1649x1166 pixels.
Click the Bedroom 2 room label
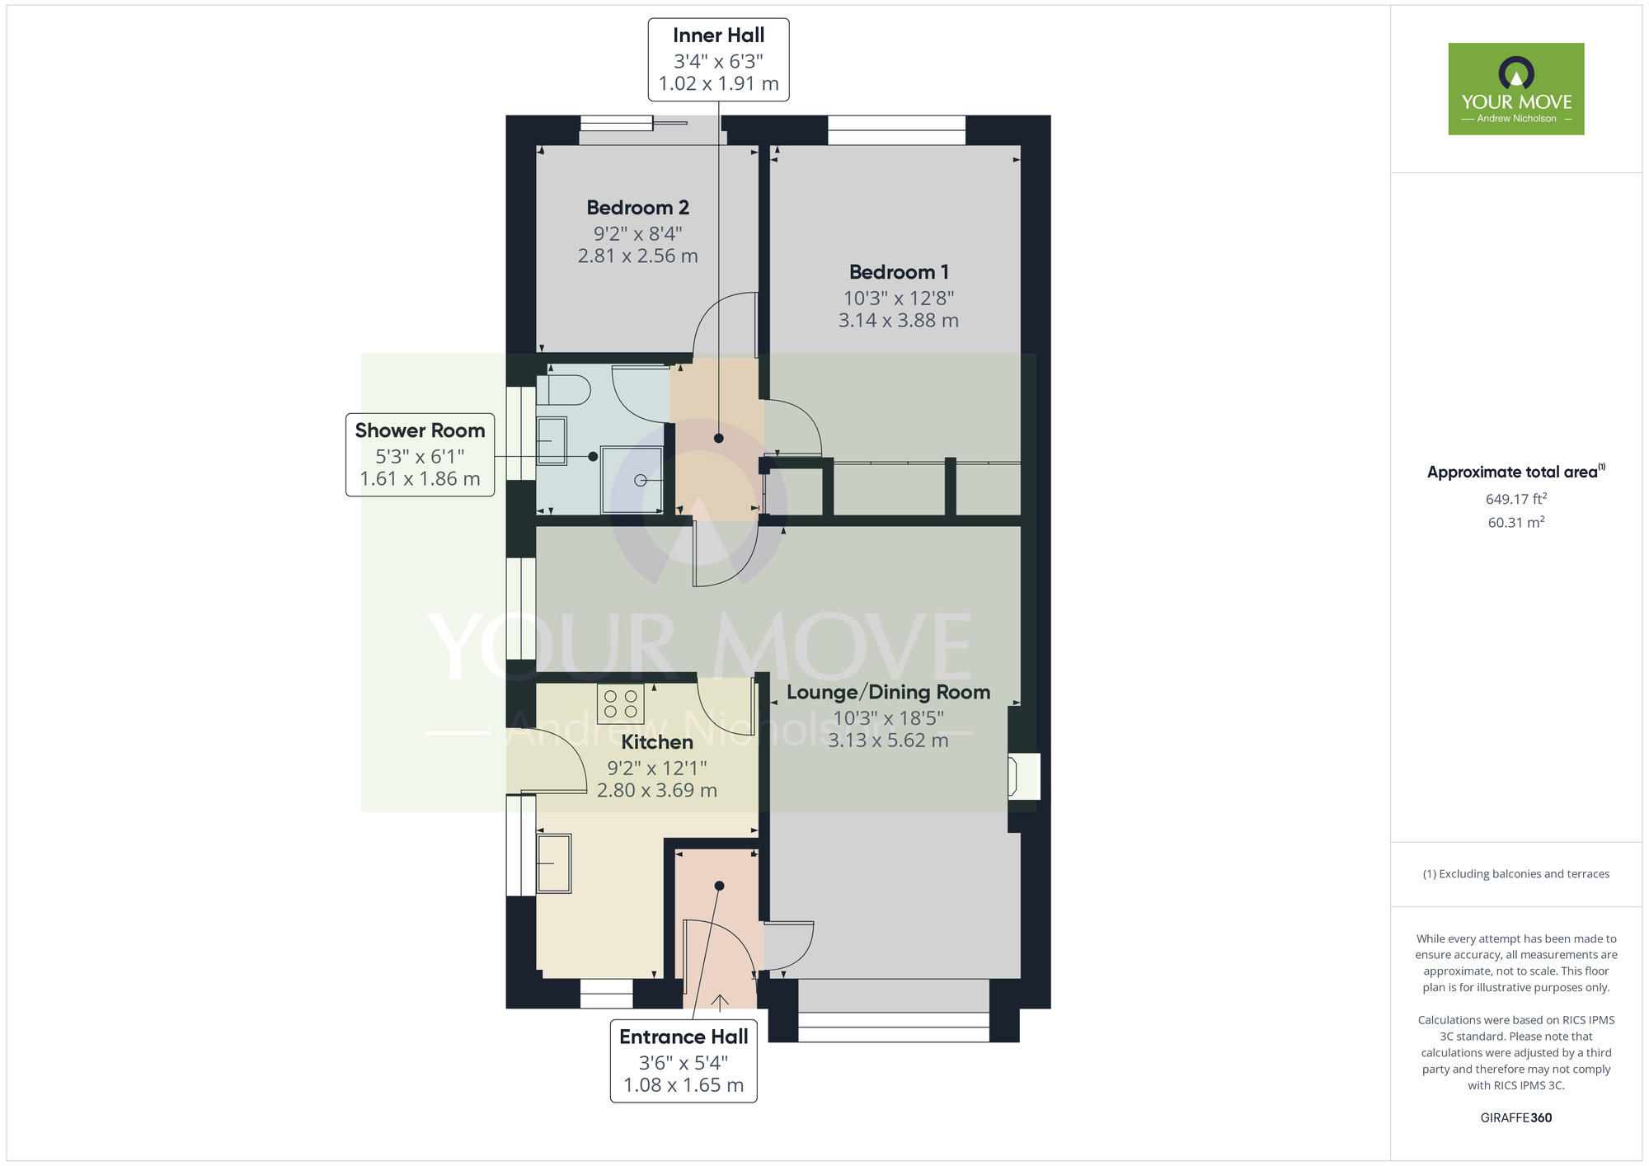coord(637,208)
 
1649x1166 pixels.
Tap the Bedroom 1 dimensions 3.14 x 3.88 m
coord(899,321)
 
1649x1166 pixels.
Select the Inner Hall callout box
coord(719,60)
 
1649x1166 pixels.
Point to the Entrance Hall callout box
coord(684,1060)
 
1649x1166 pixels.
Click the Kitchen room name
coord(657,742)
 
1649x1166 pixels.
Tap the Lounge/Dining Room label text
coord(888,692)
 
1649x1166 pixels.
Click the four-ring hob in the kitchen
coord(621,704)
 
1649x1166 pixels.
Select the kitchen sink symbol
coord(554,863)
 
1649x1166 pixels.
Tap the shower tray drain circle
coord(641,480)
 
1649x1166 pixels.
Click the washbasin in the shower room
coord(552,440)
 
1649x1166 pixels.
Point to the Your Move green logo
coord(1516,89)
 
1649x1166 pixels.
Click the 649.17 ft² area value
coord(1516,499)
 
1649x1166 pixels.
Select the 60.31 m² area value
coord(1516,522)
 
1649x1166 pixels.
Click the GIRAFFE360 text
coord(1516,1118)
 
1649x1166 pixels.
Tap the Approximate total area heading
coord(1516,472)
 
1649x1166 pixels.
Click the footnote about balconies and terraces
coord(1516,874)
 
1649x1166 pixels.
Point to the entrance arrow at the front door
coord(720,1002)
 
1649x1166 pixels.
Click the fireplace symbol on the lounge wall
coord(1023,776)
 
